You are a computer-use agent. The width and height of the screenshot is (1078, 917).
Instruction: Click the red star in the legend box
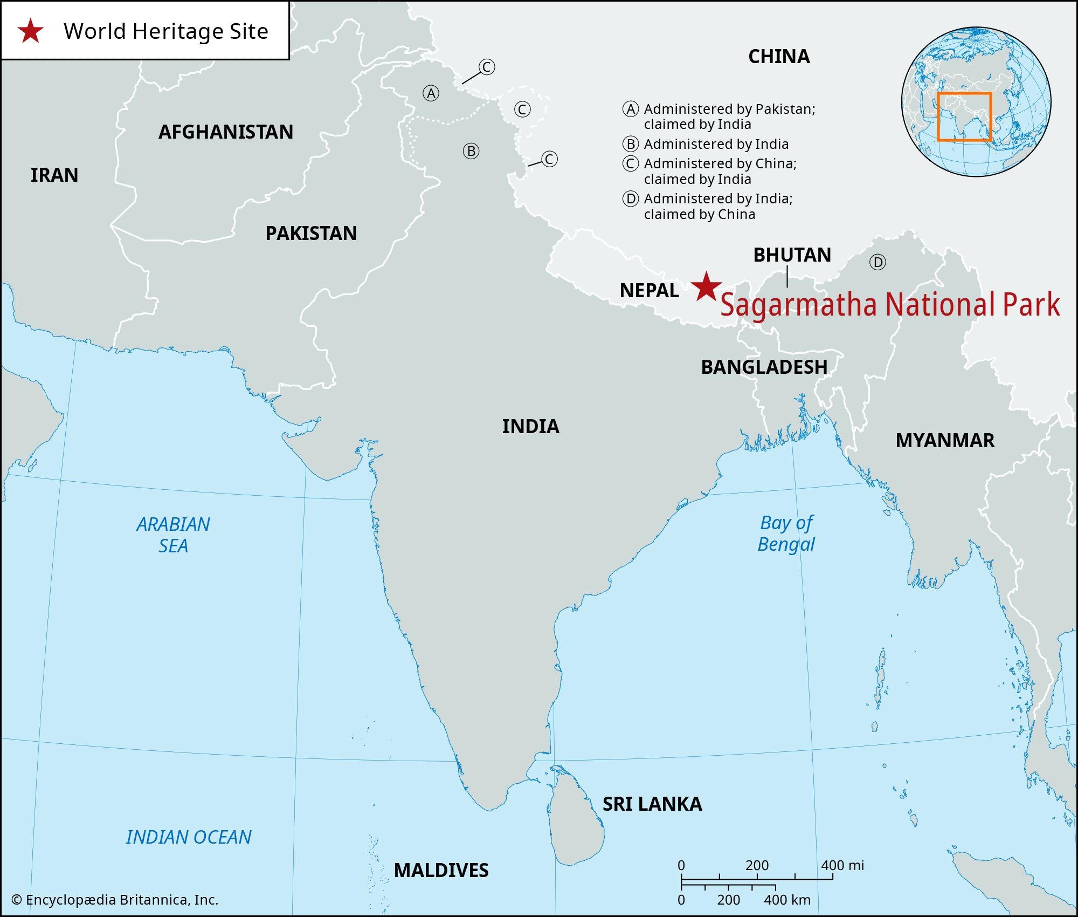(30, 31)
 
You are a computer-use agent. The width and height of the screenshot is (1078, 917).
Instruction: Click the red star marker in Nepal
(706, 287)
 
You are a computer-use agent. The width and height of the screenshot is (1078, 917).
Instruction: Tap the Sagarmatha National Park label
(890, 305)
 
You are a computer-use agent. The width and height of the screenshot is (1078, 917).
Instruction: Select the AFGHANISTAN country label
(226, 132)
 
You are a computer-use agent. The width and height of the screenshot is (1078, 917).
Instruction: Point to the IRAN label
(54, 175)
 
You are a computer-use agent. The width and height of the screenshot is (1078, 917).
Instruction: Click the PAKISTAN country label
(311, 234)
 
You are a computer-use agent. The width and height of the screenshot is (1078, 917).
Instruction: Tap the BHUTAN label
(792, 255)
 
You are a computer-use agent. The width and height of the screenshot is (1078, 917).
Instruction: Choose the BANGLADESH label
(764, 367)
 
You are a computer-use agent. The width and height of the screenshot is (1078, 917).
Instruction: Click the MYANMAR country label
(945, 441)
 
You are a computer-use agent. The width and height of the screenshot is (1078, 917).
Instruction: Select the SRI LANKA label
(652, 804)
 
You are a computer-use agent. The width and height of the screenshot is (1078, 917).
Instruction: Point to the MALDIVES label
(441, 870)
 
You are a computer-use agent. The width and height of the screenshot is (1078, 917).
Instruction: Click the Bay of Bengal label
(786, 533)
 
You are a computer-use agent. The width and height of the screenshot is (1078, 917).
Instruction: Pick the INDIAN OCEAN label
(189, 837)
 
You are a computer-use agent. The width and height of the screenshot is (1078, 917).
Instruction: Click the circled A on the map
(431, 94)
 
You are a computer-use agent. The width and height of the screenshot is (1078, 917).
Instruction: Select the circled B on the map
(471, 152)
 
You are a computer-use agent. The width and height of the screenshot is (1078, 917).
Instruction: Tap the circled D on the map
(877, 263)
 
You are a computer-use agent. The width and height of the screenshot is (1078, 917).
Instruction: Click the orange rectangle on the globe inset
(964, 93)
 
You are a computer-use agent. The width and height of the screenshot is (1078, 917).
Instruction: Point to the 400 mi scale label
(842, 866)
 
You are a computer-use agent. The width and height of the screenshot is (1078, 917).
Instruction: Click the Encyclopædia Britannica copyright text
(115, 900)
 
